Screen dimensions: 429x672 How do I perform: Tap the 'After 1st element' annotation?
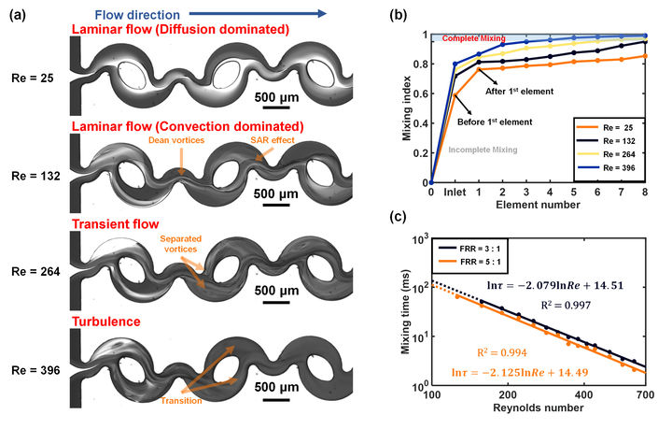click(518, 91)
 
